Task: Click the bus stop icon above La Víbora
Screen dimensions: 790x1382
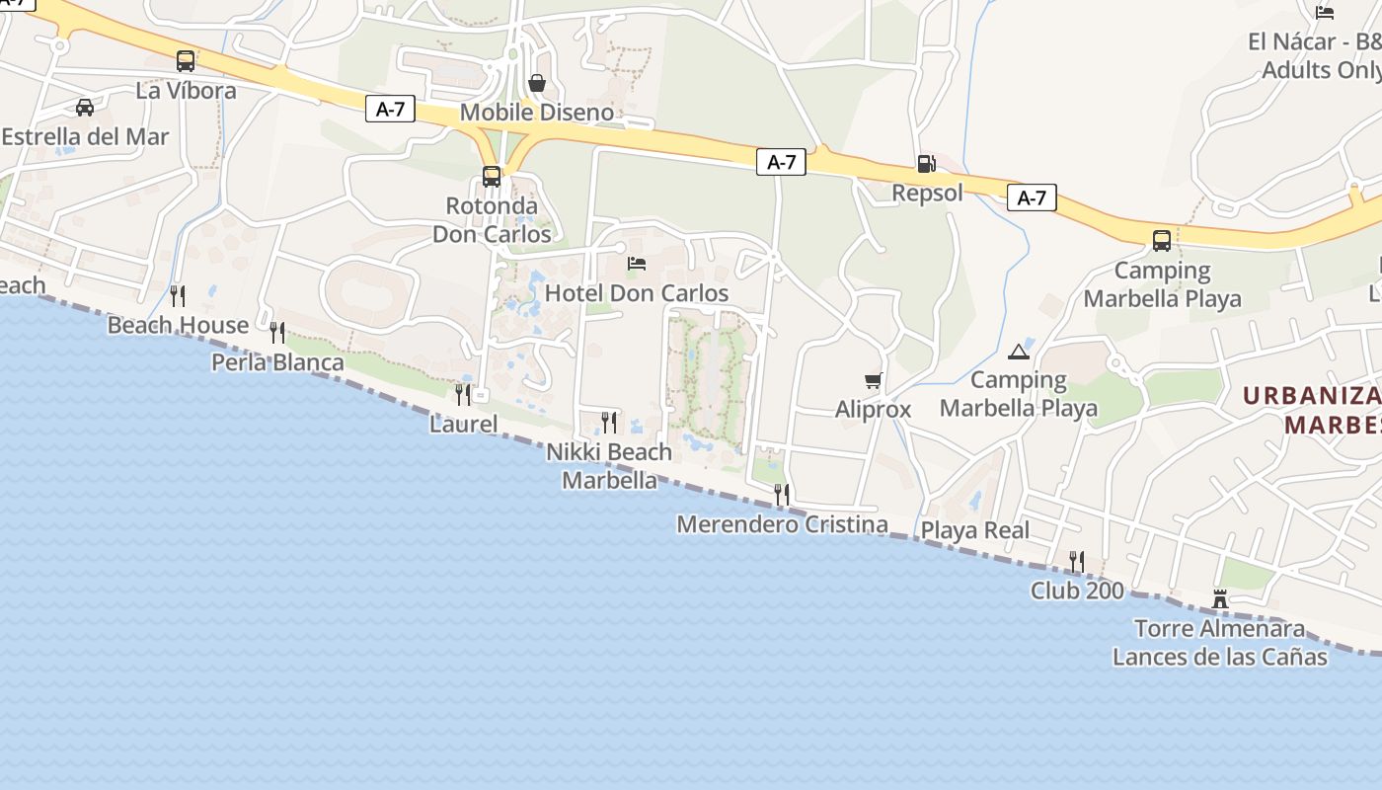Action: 186,61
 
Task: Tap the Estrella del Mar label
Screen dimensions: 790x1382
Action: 85,137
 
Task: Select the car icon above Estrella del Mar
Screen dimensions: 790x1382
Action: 85,107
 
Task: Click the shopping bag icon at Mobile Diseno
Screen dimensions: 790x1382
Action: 537,83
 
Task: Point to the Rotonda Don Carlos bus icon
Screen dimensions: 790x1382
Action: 492,177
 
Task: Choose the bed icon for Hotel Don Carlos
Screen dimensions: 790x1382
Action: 637,264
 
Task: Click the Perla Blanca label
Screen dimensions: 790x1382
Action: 277,362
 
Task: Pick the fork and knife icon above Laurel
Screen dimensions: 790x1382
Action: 462,394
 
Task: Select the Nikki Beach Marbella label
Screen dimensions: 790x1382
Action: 609,466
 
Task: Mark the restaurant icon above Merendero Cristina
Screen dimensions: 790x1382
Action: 782,494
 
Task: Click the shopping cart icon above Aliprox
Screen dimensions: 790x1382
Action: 873,380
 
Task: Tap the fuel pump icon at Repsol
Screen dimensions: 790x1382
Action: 926,164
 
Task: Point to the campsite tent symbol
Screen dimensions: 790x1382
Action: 1019,352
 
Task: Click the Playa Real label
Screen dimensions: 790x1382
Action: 974,530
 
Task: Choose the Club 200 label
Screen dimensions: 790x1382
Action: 1077,591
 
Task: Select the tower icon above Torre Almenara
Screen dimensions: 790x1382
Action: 1220,598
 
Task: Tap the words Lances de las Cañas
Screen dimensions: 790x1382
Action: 1219,657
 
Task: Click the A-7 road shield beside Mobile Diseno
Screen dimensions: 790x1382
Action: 391,109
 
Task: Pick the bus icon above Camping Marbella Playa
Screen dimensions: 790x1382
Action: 1162,240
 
